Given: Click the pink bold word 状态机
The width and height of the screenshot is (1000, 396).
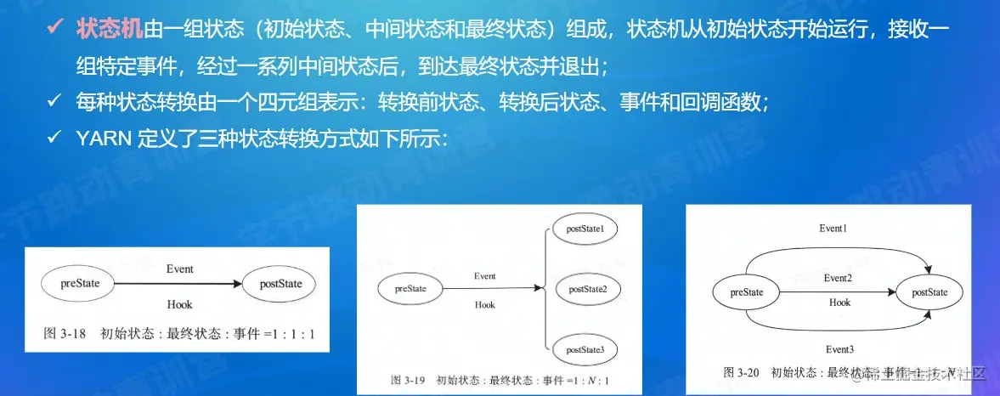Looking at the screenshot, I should click(110, 28).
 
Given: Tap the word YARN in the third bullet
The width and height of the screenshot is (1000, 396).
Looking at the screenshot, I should click(105, 138).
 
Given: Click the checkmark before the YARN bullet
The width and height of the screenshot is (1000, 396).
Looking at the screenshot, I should click(54, 138).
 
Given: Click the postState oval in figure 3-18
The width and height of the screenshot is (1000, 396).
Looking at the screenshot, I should click(274, 284).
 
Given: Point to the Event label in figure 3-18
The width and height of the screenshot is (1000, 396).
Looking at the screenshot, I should click(179, 269).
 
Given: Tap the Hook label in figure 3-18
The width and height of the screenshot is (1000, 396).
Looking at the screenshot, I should click(179, 304).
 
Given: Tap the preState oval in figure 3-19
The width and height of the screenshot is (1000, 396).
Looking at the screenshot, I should click(410, 289).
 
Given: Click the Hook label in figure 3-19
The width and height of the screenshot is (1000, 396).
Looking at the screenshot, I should click(484, 304).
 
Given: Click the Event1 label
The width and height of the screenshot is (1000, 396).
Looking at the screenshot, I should click(833, 229).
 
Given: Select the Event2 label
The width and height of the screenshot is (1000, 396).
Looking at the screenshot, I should click(838, 278).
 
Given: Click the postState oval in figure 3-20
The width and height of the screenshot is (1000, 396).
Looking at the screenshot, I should click(929, 292).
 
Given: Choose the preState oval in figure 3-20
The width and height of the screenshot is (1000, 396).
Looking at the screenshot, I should click(747, 292).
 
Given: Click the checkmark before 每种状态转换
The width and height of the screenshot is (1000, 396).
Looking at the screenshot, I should click(54, 101).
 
